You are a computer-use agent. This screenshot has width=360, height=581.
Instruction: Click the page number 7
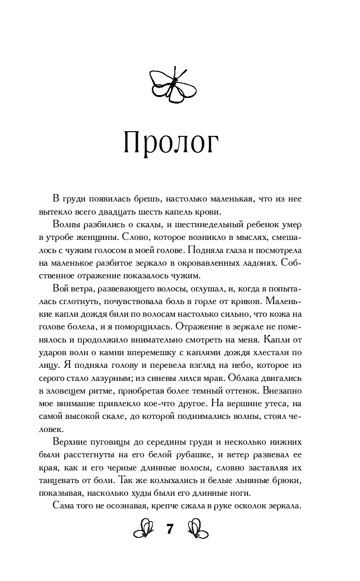(170, 530)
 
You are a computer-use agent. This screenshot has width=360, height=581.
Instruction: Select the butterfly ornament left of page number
(145, 529)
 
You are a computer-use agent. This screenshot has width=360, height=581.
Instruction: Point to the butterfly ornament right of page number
(198, 529)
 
